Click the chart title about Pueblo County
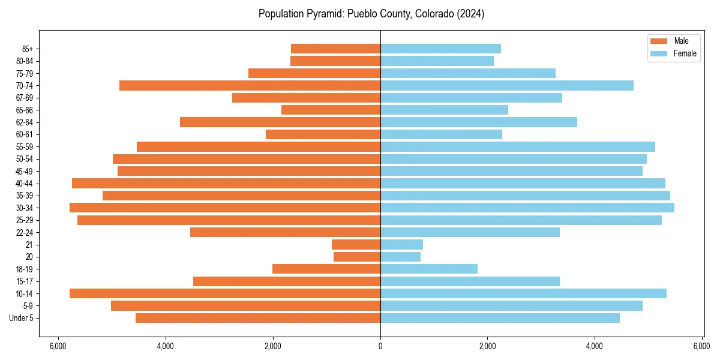(371, 14)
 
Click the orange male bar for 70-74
(250, 85)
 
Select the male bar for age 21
(356, 244)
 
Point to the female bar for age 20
(400, 257)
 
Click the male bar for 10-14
(225, 293)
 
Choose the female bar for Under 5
(500, 318)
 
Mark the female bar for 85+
(440, 49)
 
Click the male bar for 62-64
(280, 122)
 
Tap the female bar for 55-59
(517, 146)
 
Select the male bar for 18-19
(326, 269)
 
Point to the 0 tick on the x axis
(380, 346)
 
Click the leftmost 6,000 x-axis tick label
(58, 346)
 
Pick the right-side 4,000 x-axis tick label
(595, 346)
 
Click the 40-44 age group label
(25, 184)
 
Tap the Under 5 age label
(22, 318)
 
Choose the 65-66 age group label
(25, 110)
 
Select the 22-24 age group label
(25, 232)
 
